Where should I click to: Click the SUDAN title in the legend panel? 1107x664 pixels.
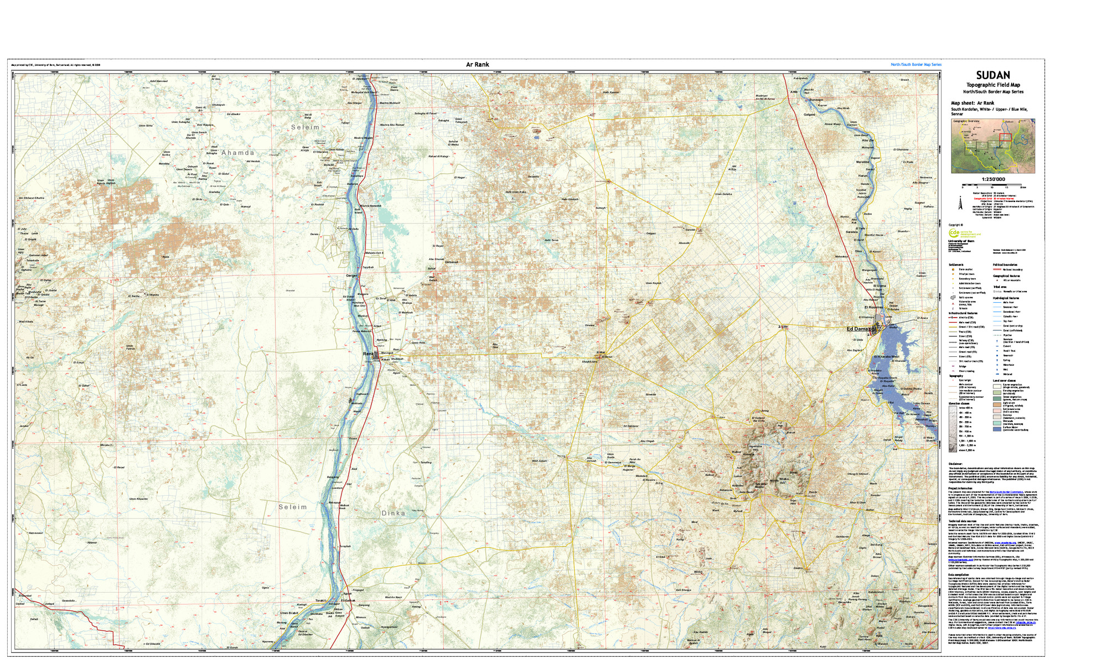click(993, 75)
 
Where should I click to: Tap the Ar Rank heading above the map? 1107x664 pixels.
click(477, 65)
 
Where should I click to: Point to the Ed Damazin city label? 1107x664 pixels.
click(861, 329)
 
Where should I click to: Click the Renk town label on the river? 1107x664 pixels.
click(368, 354)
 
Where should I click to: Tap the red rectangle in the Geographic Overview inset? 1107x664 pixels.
click(1005, 138)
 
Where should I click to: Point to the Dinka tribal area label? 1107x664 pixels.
click(393, 513)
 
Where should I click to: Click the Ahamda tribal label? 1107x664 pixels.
click(238, 153)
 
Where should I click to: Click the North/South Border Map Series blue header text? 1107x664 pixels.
click(915, 65)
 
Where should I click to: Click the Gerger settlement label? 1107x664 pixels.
click(352, 276)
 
